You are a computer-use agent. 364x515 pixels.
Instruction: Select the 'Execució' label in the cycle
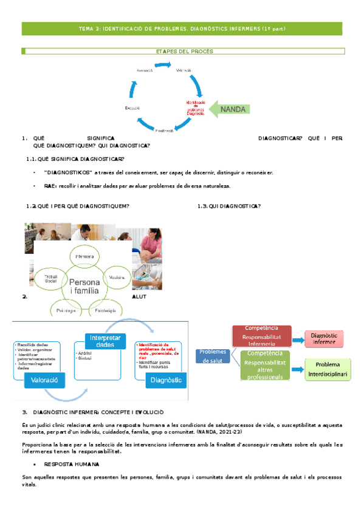coord(132,107)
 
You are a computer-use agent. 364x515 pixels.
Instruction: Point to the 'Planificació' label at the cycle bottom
coord(164,131)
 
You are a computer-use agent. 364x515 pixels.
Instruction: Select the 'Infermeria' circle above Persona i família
coord(84,257)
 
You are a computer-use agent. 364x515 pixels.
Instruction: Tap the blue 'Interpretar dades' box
coord(105,341)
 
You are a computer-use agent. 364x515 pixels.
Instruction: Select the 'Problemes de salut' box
coord(212,355)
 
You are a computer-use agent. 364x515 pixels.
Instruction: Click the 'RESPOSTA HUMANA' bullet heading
coord(69,464)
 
